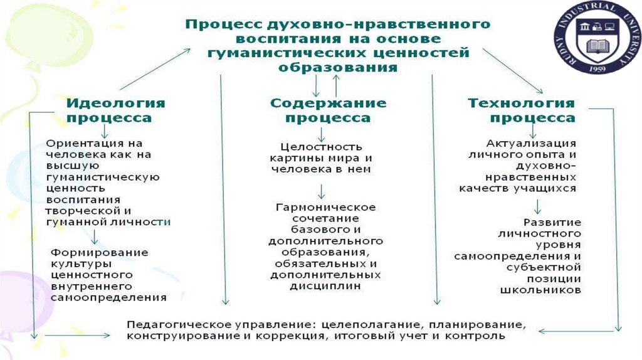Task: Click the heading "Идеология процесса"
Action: point(115,110)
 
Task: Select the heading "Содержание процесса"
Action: point(328,110)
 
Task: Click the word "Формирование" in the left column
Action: point(100,252)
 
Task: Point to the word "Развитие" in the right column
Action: point(553,222)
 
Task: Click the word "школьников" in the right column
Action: point(541,290)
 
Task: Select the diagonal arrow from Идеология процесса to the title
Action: point(155,68)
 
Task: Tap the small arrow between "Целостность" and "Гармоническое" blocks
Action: point(321,191)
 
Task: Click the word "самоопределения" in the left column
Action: point(108,297)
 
